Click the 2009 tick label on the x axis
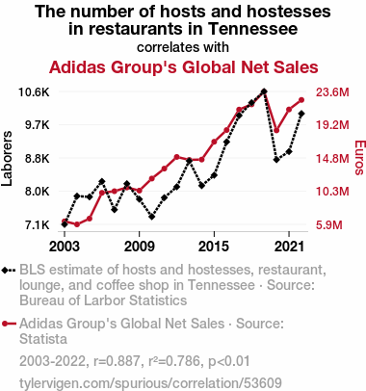click(x=139, y=247)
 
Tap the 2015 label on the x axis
click(x=214, y=247)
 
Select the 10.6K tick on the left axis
click(x=34, y=92)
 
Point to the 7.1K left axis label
click(x=38, y=225)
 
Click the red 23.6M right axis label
click(x=332, y=92)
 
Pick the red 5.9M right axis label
click(x=329, y=225)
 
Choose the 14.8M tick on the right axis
click(x=332, y=159)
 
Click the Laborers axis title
click(x=7, y=158)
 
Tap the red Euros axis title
click(x=360, y=158)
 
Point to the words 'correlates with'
click(x=183, y=47)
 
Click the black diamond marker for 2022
click(x=301, y=114)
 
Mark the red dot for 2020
click(x=276, y=130)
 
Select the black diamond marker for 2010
click(x=151, y=217)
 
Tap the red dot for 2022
click(x=301, y=100)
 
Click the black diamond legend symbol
click(x=9, y=271)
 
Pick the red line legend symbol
click(x=9, y=324)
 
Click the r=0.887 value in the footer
click(x=117, y=361)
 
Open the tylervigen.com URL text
click(x=150, y=383)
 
